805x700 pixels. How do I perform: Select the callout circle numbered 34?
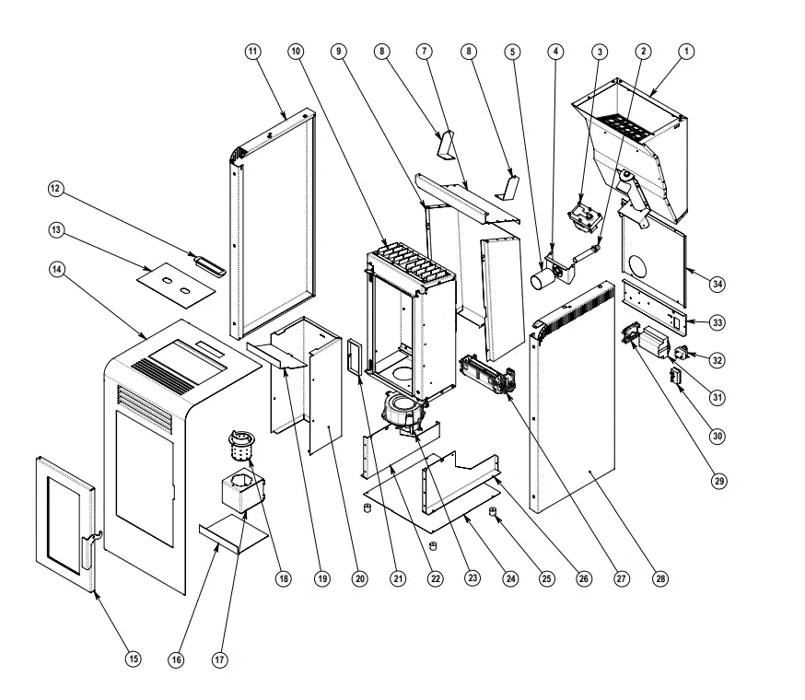point(717,285)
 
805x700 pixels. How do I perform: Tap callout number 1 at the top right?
point(686,52)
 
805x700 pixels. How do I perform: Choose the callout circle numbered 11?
point(253,52)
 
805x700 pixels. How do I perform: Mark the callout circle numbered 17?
point(218,659)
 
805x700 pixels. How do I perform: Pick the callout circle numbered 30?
point(717,436)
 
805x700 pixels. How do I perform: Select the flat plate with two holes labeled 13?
point(176,282)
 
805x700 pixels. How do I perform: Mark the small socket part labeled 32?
point(683,353)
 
